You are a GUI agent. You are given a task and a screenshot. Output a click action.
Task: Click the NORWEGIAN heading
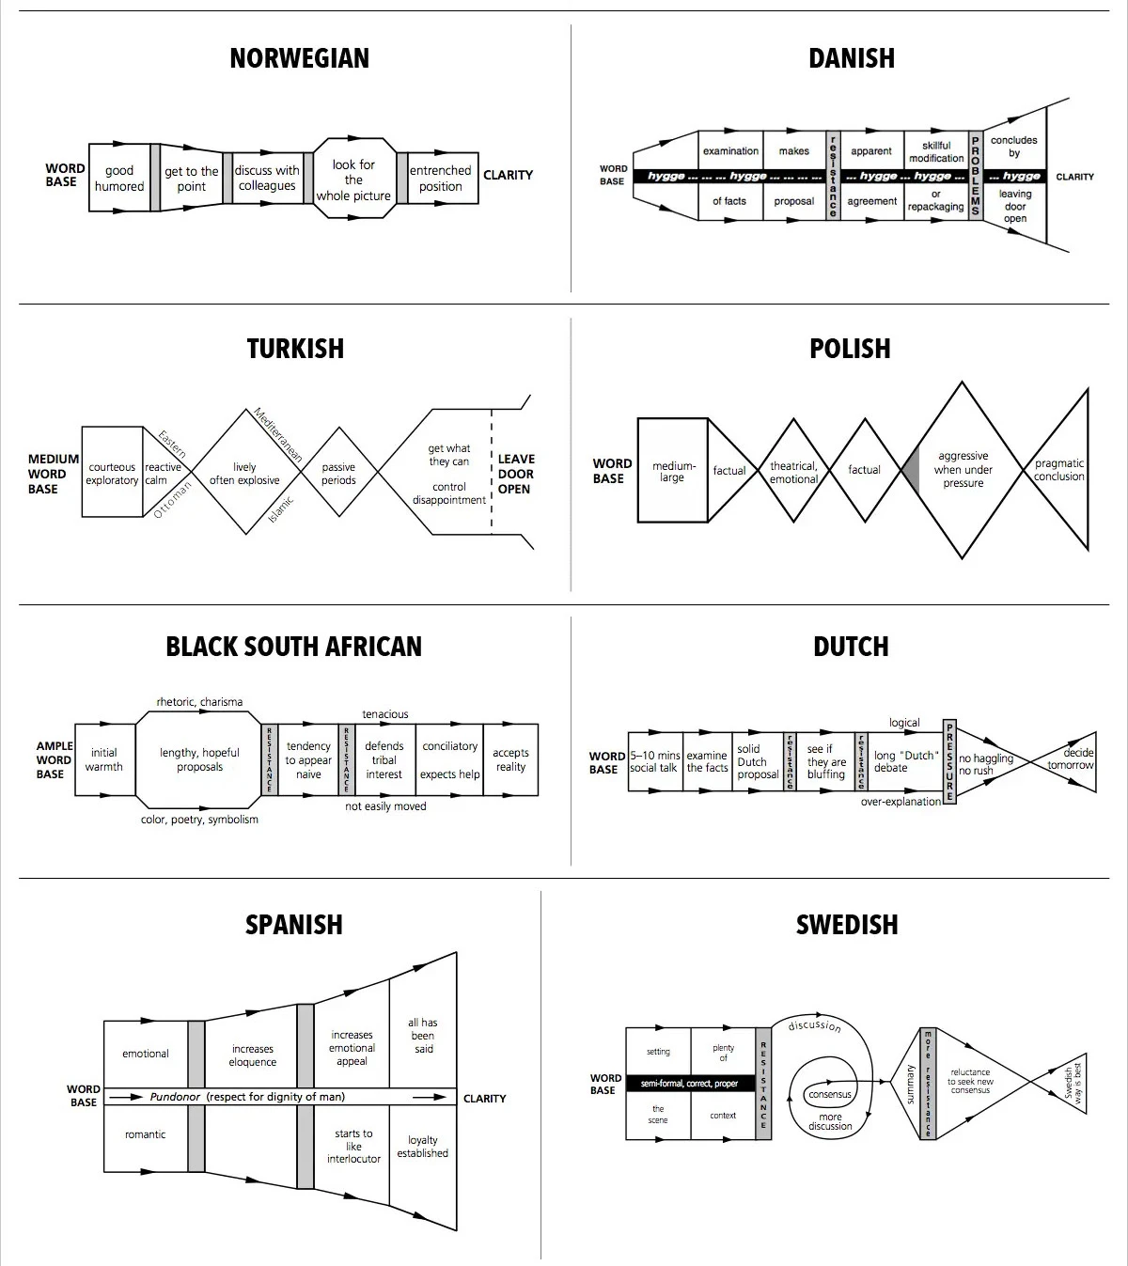click(x=299, y=58)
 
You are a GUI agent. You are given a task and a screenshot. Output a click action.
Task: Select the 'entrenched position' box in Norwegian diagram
click(x=440, y=178)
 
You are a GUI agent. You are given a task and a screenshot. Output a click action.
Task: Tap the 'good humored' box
click(x=119, y=178)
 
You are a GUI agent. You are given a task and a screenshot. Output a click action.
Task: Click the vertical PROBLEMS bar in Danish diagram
click(x=975, y=176)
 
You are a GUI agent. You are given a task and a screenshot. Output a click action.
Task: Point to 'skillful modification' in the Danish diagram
click(x=936, y=151)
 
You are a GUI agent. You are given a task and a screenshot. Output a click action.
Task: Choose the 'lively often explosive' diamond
click(x=244, y=473)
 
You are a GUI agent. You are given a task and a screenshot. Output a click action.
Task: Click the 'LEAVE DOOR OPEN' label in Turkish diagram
click(x=515, y=474)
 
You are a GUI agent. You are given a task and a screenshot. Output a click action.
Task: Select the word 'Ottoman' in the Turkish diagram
click(x=172, y=500)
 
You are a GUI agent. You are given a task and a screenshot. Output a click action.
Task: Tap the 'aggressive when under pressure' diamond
click(x=963, y=469)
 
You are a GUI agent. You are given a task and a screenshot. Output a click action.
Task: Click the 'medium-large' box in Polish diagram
click(x=672, y=471)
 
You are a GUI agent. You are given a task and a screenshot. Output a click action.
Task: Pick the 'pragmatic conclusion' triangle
click(x=1059, y=469)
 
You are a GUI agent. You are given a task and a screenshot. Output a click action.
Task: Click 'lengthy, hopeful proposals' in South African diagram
click(x=199, y=759)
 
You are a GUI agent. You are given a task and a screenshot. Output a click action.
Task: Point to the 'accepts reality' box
click(x=510, y=759)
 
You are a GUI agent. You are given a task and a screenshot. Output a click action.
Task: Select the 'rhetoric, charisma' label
click(x=199, y=702)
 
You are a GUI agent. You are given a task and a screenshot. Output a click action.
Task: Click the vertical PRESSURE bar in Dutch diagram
click(x=949, y=761)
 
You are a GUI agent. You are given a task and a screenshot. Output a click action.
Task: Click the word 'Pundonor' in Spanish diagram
click(x=175, y=1097)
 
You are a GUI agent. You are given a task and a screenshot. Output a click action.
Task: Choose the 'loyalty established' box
click(x=422, y=1147)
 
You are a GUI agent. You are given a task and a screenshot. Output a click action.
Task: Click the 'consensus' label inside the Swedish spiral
click(x=830, y=1094)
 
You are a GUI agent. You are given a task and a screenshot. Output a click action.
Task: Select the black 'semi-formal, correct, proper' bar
click(x=689, y=1084)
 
